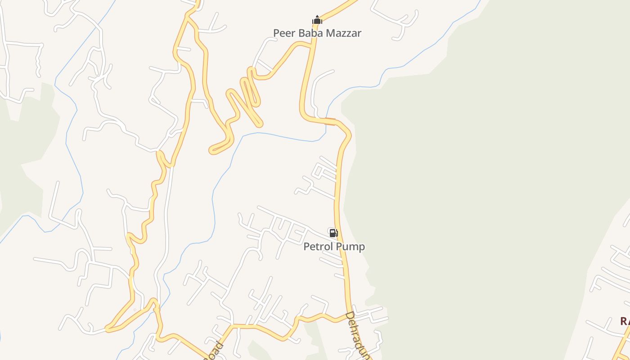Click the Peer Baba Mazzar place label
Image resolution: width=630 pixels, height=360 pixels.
point(317,33)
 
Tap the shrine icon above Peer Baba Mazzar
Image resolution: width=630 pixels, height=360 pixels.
point(317,20)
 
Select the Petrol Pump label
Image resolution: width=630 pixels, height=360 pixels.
point(334,247)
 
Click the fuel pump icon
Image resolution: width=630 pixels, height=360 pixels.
point(333,233)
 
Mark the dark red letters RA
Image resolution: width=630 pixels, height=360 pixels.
point(625,321)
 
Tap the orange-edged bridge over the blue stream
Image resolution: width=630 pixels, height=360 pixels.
point(330,120)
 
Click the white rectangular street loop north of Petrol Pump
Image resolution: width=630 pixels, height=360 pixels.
point(319,171)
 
